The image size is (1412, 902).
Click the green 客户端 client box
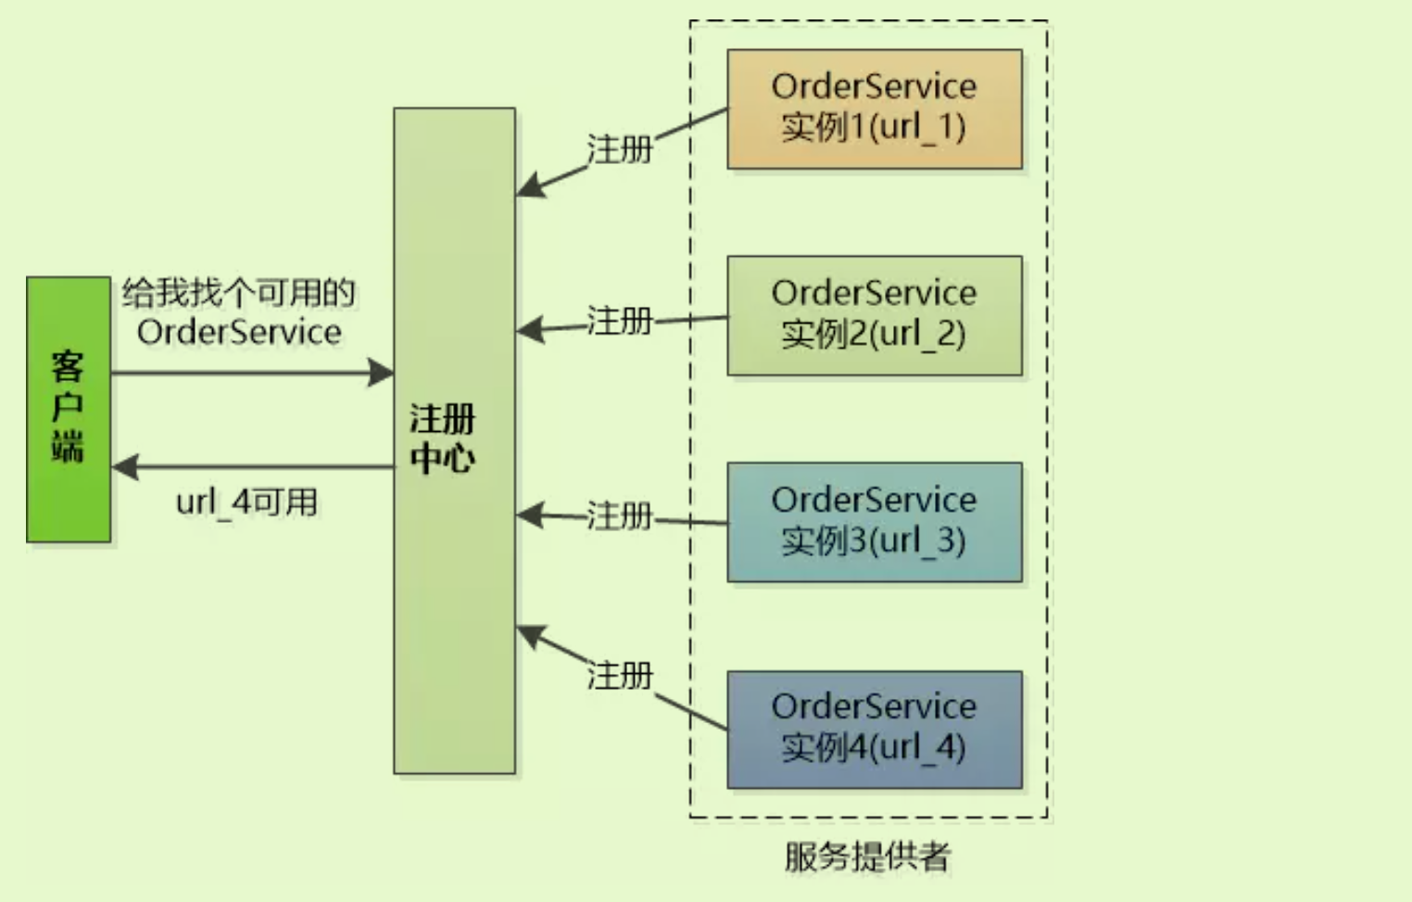68,409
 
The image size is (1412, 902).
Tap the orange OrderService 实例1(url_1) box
874,108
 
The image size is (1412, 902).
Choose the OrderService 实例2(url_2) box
874,315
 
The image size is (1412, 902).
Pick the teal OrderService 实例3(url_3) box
874,522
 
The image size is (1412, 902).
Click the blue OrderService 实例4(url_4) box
874,730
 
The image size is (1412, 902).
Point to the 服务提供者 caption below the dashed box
867,857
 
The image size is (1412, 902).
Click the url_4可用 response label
246,502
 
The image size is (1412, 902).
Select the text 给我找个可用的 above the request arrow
239,293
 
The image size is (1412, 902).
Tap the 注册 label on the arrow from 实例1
620,149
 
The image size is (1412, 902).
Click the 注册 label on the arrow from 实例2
620,322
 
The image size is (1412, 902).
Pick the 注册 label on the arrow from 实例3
620,515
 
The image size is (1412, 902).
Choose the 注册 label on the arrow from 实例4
620,676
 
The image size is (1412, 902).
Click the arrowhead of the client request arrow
382,373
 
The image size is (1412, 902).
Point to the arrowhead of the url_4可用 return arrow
124,467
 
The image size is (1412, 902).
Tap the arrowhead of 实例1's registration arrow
528,187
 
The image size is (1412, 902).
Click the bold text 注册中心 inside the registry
443,439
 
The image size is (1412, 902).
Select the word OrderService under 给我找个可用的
239,332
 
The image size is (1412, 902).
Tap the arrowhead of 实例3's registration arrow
528,515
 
